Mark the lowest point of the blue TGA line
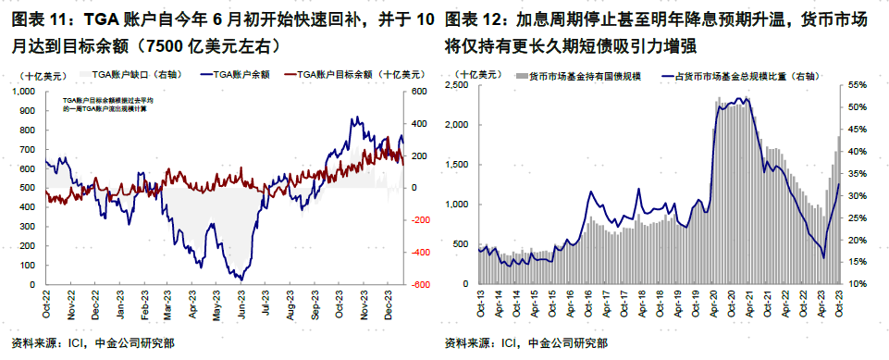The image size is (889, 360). point(241,279)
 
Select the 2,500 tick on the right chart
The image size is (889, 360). point(460,85)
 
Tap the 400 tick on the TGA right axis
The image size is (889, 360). point(419,123)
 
